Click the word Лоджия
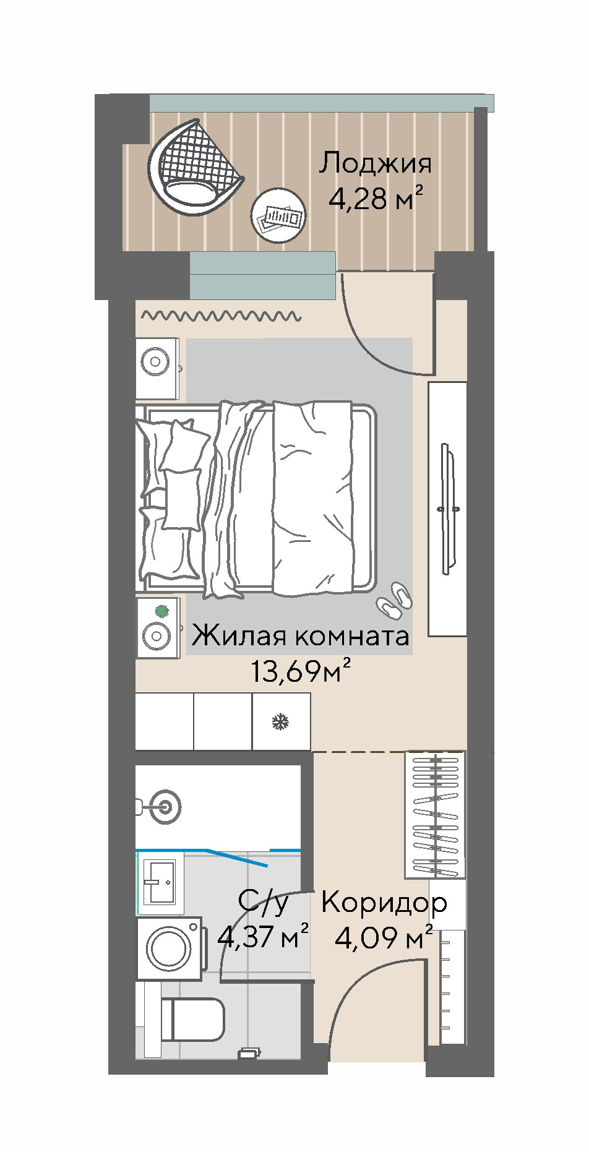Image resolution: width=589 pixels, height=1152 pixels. (375, 165)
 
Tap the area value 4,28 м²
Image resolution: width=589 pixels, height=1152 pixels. (376, 199)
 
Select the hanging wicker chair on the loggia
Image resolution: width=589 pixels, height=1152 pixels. (194, 167)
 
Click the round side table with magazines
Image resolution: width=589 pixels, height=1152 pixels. (278, 215)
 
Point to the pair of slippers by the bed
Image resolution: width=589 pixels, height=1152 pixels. (393, 600)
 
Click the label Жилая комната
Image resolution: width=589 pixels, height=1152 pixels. (301, 635)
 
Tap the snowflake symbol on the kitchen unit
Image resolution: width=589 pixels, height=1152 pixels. (282, 721)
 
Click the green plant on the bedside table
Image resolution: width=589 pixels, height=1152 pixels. (162, 612)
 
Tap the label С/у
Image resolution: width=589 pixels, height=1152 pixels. (264, 903)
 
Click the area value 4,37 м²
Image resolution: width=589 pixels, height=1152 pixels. (264, 937)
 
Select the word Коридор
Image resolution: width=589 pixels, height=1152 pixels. (384, 904)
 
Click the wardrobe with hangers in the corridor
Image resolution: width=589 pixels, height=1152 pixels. (435, 814)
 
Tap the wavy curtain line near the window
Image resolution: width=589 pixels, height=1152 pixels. (221, 316)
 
